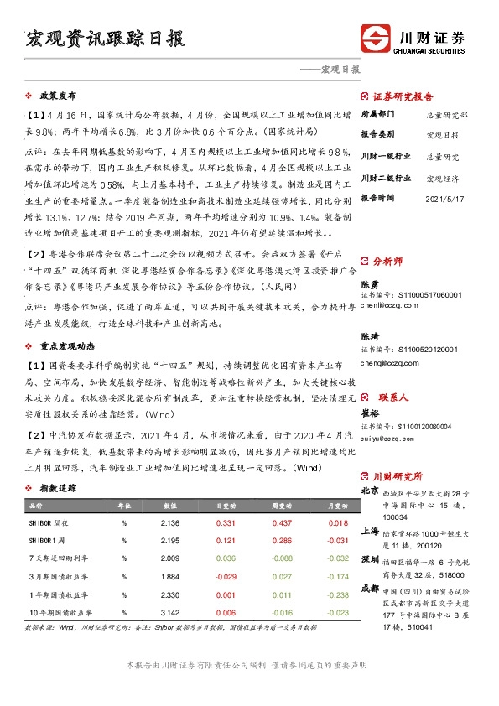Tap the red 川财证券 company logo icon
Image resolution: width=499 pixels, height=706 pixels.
tap(376, 39)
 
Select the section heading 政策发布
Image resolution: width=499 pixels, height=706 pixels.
tap(58, 96)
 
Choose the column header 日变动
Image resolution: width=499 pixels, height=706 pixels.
tap(226, 506)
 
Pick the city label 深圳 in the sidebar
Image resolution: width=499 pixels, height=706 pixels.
tap(370, 559)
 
